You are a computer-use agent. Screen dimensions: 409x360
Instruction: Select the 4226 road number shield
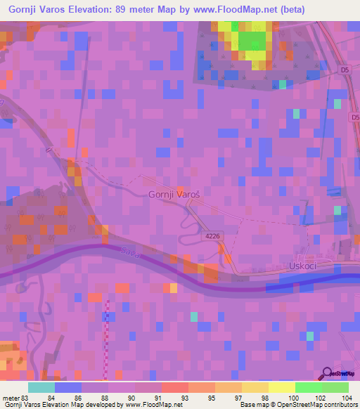(x=213, y=236)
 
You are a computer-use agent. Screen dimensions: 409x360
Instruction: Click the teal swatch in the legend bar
(x=41, y=387)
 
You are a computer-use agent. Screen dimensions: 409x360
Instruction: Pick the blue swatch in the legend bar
(x=68, y=387)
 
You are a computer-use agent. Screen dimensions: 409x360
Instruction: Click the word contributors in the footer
(x=337, y=405)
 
